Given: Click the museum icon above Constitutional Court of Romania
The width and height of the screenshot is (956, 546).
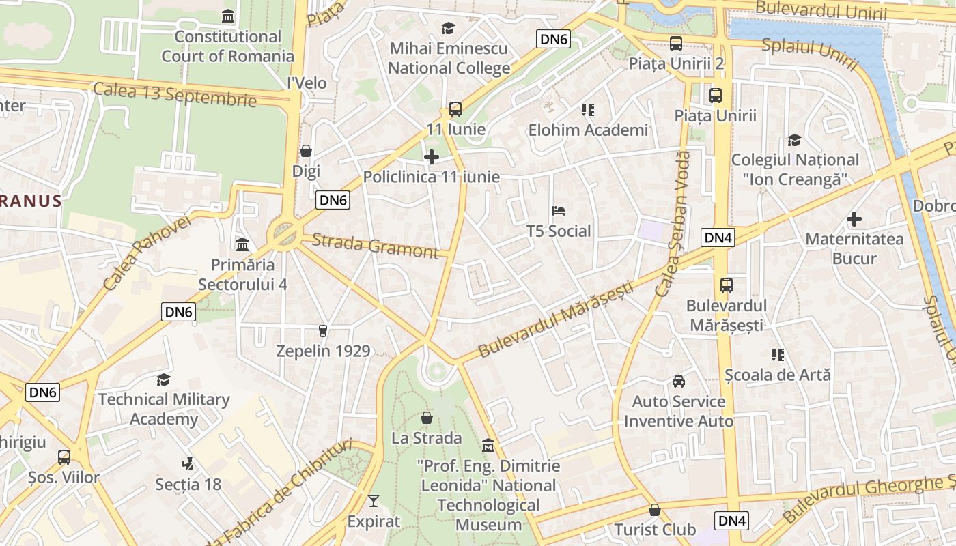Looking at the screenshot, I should point(228,16).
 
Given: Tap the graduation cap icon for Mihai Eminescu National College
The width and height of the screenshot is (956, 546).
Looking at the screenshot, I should point(448,28).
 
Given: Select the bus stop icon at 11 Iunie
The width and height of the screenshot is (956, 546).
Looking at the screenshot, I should point(455,109).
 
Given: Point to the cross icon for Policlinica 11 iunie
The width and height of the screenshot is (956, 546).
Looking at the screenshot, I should point(432,158).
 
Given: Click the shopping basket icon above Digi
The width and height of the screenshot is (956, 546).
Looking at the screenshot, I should point(306,151).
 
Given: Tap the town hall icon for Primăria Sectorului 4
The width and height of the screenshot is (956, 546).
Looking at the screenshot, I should point(242,244).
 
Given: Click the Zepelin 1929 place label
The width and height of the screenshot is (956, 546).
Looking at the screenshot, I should point(323,351).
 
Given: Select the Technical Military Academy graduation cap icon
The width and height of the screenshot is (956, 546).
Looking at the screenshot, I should point(163,379).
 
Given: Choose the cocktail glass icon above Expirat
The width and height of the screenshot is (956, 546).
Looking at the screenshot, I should point(373,502).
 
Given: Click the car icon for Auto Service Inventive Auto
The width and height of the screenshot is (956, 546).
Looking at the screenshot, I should point(679,382).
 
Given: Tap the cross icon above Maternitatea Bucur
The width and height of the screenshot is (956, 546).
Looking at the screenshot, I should point(854,219).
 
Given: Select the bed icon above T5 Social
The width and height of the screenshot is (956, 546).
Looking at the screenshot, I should point(559,211).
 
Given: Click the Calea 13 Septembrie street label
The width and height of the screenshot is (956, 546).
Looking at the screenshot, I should point(175,94).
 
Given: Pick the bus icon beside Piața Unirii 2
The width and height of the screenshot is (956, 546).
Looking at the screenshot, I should point(676,44).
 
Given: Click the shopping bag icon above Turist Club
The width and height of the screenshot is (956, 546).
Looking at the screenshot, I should point(655,510).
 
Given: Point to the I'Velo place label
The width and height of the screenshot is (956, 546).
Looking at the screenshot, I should point(307,83).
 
